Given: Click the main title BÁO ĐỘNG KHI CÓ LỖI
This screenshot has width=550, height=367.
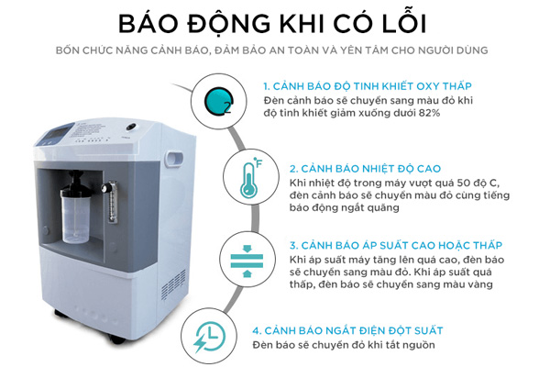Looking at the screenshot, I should pyautogui.click(x=274, y=21).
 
